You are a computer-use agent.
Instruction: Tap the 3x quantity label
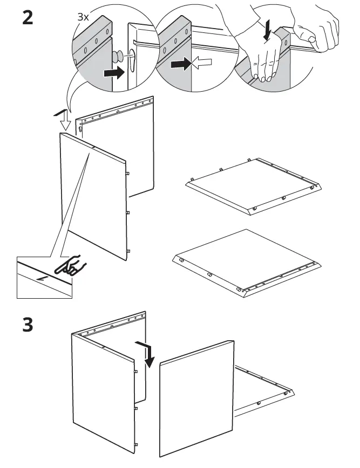(83, 17)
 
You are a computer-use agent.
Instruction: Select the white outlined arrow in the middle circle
(201, 64)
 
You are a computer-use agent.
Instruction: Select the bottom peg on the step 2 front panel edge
(127, 251)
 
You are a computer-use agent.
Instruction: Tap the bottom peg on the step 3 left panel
(135, 445)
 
